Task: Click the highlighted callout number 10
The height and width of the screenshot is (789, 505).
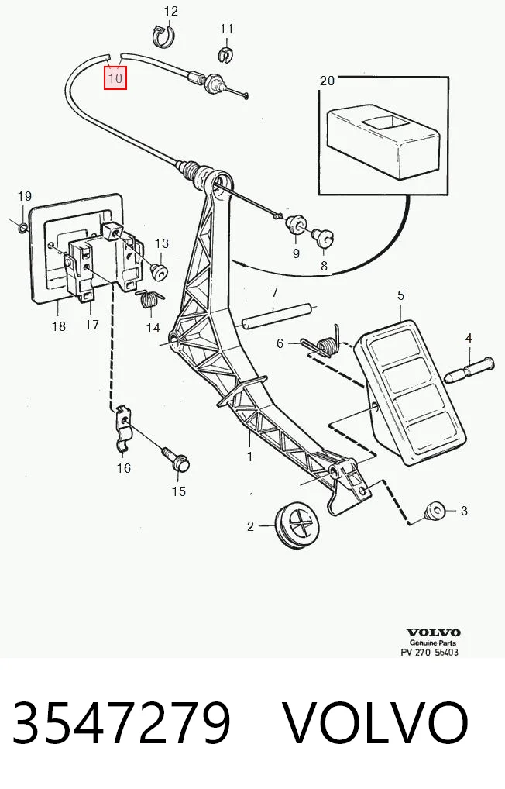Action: [115, 78]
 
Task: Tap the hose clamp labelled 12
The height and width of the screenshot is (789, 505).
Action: [164, 36]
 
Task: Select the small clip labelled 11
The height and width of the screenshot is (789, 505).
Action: [226, 53]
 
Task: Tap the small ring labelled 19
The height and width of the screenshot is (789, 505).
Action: [23, 228]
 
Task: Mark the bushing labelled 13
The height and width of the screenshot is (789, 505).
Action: [160, 271]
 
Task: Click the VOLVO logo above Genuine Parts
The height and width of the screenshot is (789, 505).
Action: [433, 632]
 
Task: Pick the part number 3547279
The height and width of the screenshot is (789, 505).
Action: [122, 722]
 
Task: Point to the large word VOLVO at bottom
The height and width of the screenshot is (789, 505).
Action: [376, 722]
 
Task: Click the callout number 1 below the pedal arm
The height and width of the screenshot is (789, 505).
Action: [249, 457]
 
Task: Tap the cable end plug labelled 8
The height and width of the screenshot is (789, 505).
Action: [325, 236]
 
